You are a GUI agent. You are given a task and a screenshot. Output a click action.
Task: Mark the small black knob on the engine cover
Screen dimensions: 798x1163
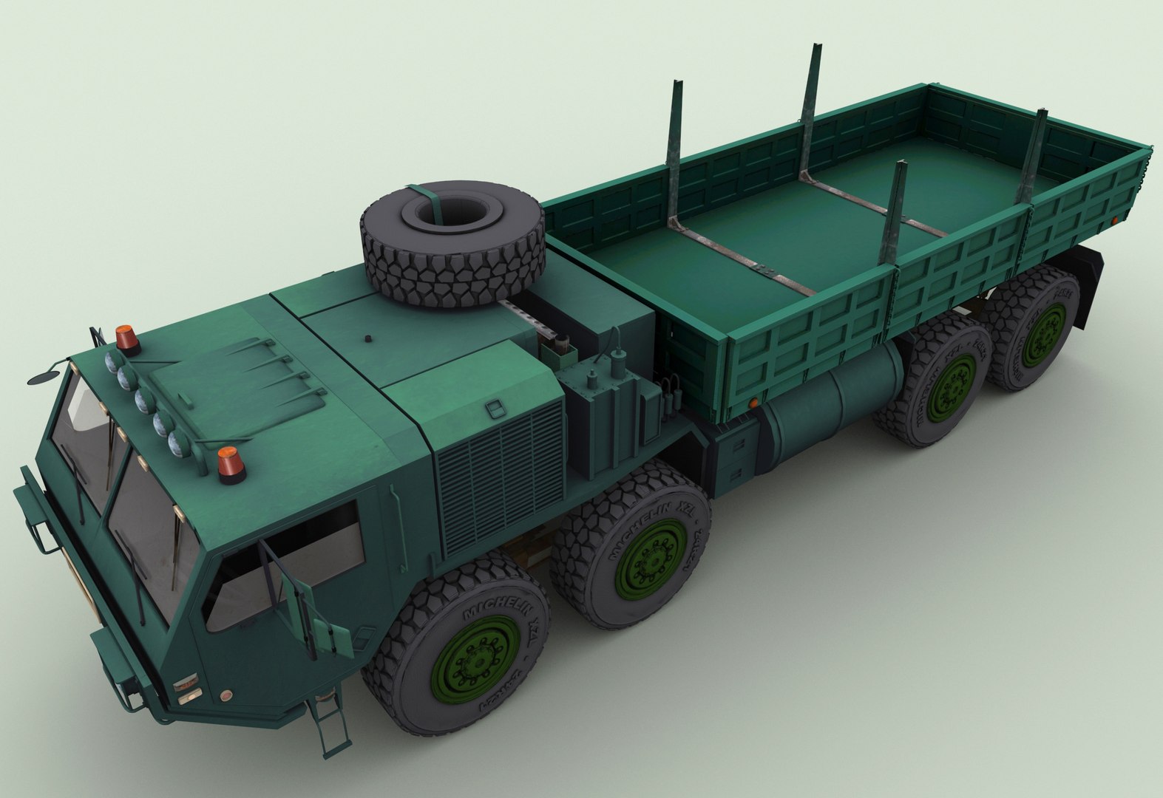coord(367,340)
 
